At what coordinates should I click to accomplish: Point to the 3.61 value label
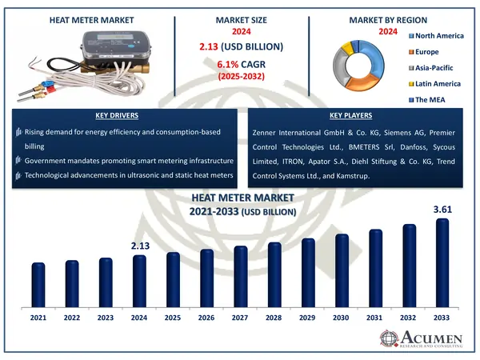pyautogui.click(x=442, y=210)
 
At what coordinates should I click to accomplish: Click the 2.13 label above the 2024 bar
pyautogui.click(x=139, y=246)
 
